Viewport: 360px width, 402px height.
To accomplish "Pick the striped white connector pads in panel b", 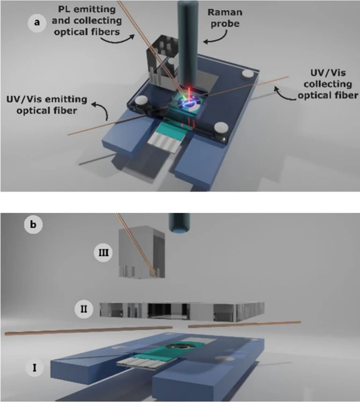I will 136,365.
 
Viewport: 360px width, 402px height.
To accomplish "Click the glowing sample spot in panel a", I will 189,100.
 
